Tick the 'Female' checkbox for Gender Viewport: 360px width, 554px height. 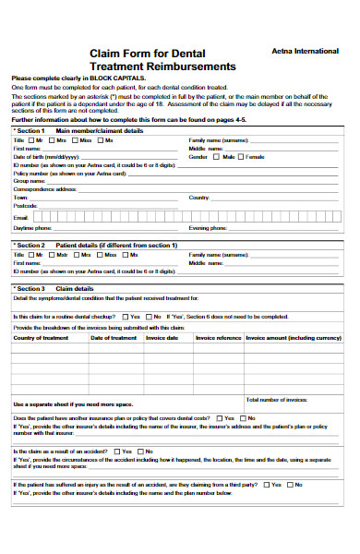[x=242, y=156]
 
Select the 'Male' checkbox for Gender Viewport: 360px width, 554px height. [x=217, y=156]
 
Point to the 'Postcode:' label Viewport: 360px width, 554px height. [x=25, y=206]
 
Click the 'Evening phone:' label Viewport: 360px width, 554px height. [x=207, y=226]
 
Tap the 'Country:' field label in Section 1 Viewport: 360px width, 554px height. [x=199, y=198]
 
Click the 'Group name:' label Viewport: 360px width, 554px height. [x=29, y=181]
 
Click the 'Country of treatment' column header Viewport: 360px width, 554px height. [x=41, y=337]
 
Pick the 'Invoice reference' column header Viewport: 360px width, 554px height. [x=218, y=337]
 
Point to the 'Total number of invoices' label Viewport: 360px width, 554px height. [x=278, y=399]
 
